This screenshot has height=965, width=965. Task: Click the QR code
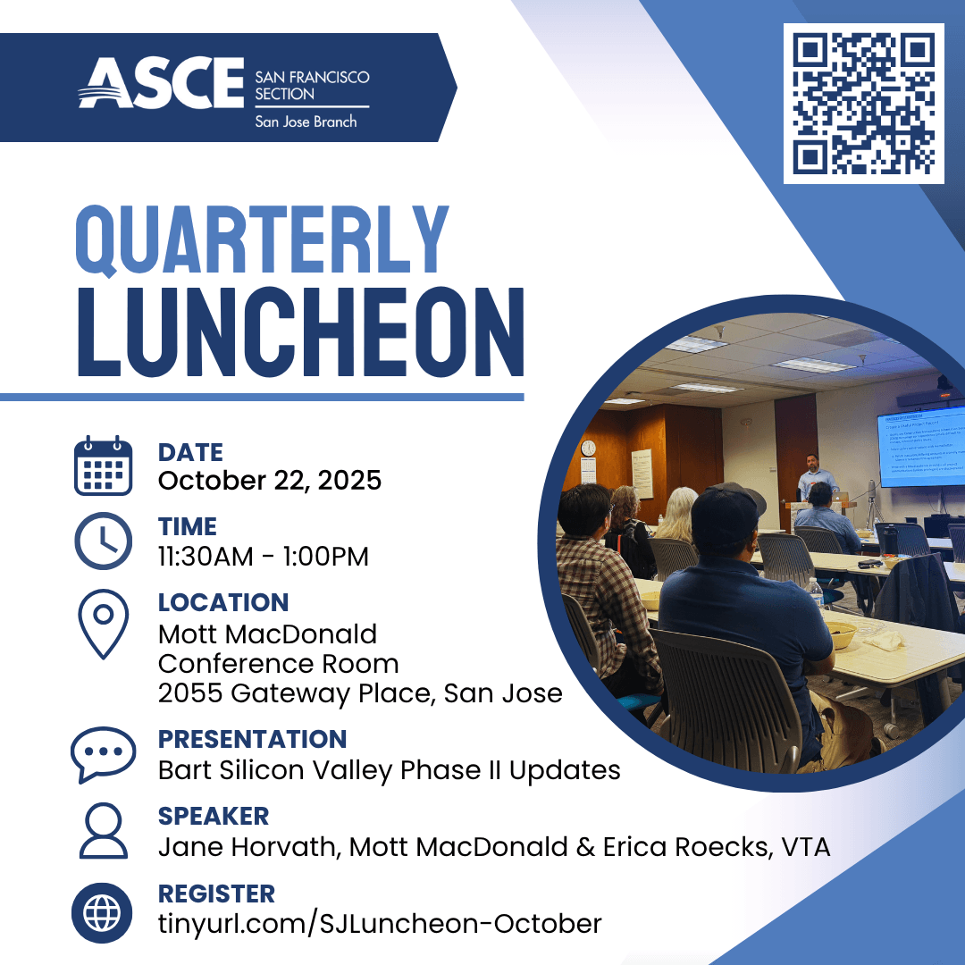pyautogui.click(x=863, y=104)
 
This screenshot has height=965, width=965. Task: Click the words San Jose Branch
pyautogui.click(x=306, y=122)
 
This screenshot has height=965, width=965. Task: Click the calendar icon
pyautogui.click(x=103, y=466)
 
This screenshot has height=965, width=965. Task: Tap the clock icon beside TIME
pyautogui.click(x=103, y=541)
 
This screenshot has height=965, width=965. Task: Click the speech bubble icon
pyautogui.click(x=103, y=753)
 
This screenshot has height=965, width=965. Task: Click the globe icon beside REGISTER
pyautogui.click(x=103, y=911)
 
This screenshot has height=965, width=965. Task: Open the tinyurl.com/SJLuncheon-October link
pyautogui.click(x=380, y=923)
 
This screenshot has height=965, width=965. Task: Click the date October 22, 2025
pyautogui.click(x=270, y=481)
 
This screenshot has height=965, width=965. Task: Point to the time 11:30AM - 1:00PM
pyautogui.click(x=264, y=557)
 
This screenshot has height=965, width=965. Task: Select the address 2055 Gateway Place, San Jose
pyautogui.click(x=360, y=692)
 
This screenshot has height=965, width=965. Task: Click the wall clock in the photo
pyautogui.click(x=588, y=448)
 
